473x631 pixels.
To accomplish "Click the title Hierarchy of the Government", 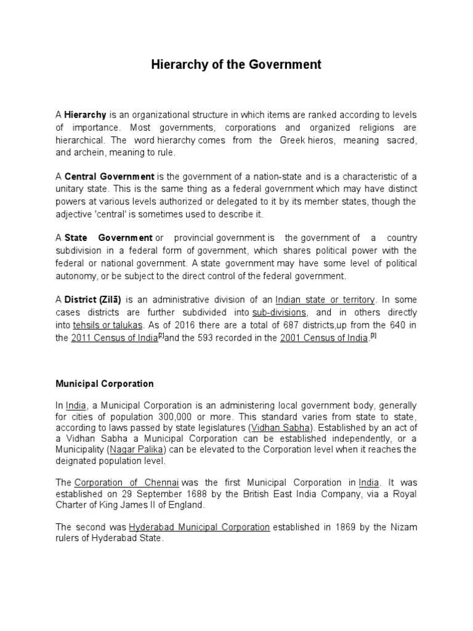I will coord(236,64).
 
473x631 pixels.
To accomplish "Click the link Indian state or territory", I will coord(325,299).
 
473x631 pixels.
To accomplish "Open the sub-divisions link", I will coord(279,312).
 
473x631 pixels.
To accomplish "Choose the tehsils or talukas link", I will coord(108,325).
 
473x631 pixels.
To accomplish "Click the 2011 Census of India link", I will coord(115,338).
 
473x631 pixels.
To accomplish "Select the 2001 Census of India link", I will coord(323,338).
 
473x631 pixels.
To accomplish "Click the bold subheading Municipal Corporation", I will coord(105,383).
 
